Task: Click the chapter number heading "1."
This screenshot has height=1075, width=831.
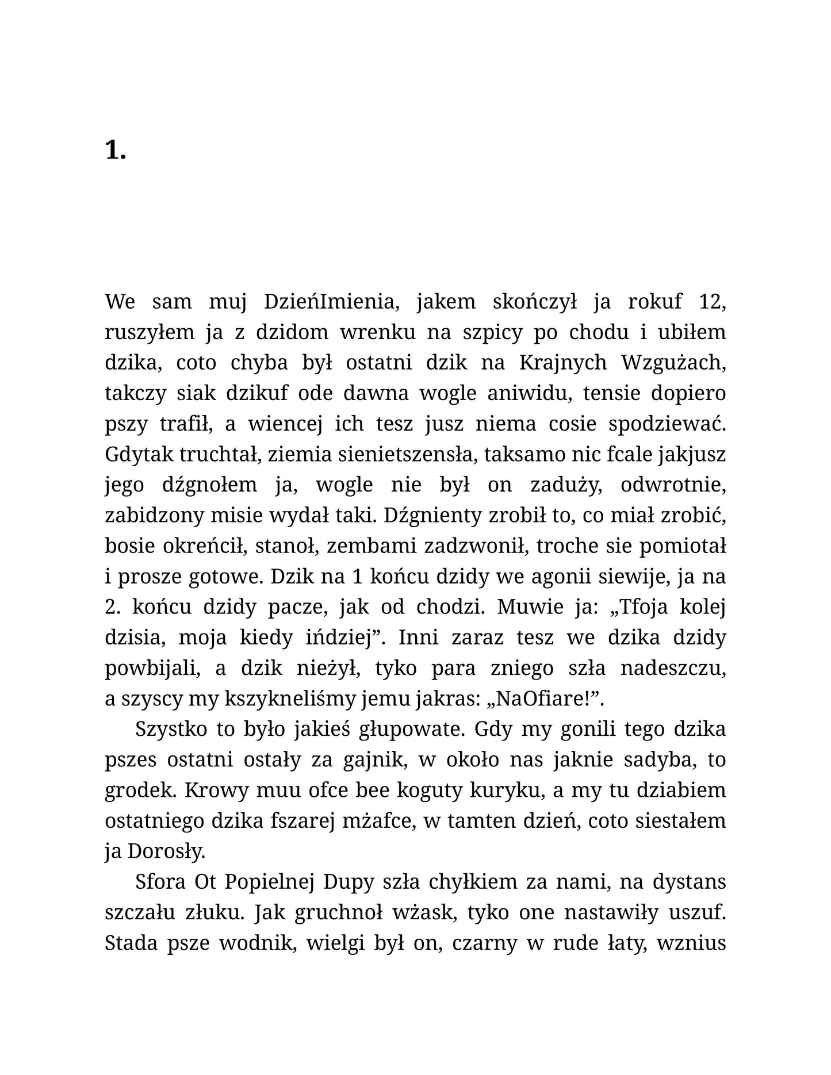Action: pos(115,151)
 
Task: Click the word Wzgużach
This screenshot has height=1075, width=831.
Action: pos(673,363)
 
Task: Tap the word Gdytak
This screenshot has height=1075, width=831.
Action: pos(139,454)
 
